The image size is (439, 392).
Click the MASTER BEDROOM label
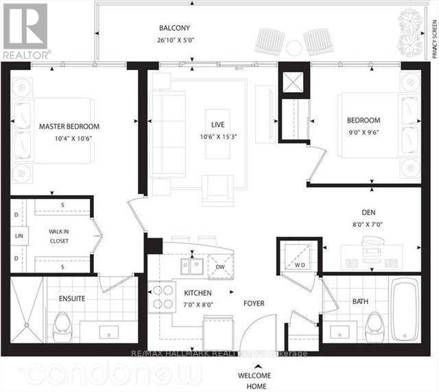pos(69,126)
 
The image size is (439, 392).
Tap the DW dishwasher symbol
pos(221,267)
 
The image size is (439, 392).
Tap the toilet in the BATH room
pos(375,324)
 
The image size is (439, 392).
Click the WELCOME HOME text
pos(254,380)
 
